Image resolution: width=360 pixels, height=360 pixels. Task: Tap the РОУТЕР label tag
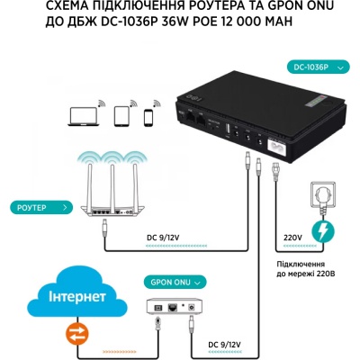pos(37,207)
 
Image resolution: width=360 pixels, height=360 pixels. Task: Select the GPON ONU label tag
pos(172,281)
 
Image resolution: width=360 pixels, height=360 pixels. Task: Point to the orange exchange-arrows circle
pos(68,334)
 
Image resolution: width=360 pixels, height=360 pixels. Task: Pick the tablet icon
pos(123,117)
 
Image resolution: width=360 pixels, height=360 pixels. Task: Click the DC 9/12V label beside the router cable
pos(167,239)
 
